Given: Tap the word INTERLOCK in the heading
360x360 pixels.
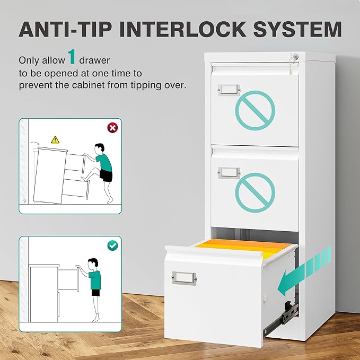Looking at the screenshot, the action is (x=183, y=29).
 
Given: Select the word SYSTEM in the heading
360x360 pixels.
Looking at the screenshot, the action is (x=297, y=29).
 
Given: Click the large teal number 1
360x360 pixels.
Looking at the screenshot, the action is (x=72, y=57).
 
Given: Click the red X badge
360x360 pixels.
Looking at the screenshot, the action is (x=112, y=128).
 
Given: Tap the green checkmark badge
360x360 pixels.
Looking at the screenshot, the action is (x=112, y=245).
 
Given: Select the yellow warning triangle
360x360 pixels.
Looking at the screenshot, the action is (x=55, y=139).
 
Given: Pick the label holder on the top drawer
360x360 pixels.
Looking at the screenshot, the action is (x=229, y=90).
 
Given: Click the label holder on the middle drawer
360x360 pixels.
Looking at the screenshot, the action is (x=229, y=173).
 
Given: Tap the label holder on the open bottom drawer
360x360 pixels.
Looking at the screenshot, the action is (x=184, y=278).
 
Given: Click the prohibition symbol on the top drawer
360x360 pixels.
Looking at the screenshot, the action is (x=255, y=110).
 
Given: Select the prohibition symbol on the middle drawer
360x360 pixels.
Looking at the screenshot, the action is (x=255, y=192).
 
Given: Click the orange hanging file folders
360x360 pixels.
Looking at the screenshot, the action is (x=243, y=248).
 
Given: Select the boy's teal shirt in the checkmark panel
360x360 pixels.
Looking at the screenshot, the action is (x=95, y=279).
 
